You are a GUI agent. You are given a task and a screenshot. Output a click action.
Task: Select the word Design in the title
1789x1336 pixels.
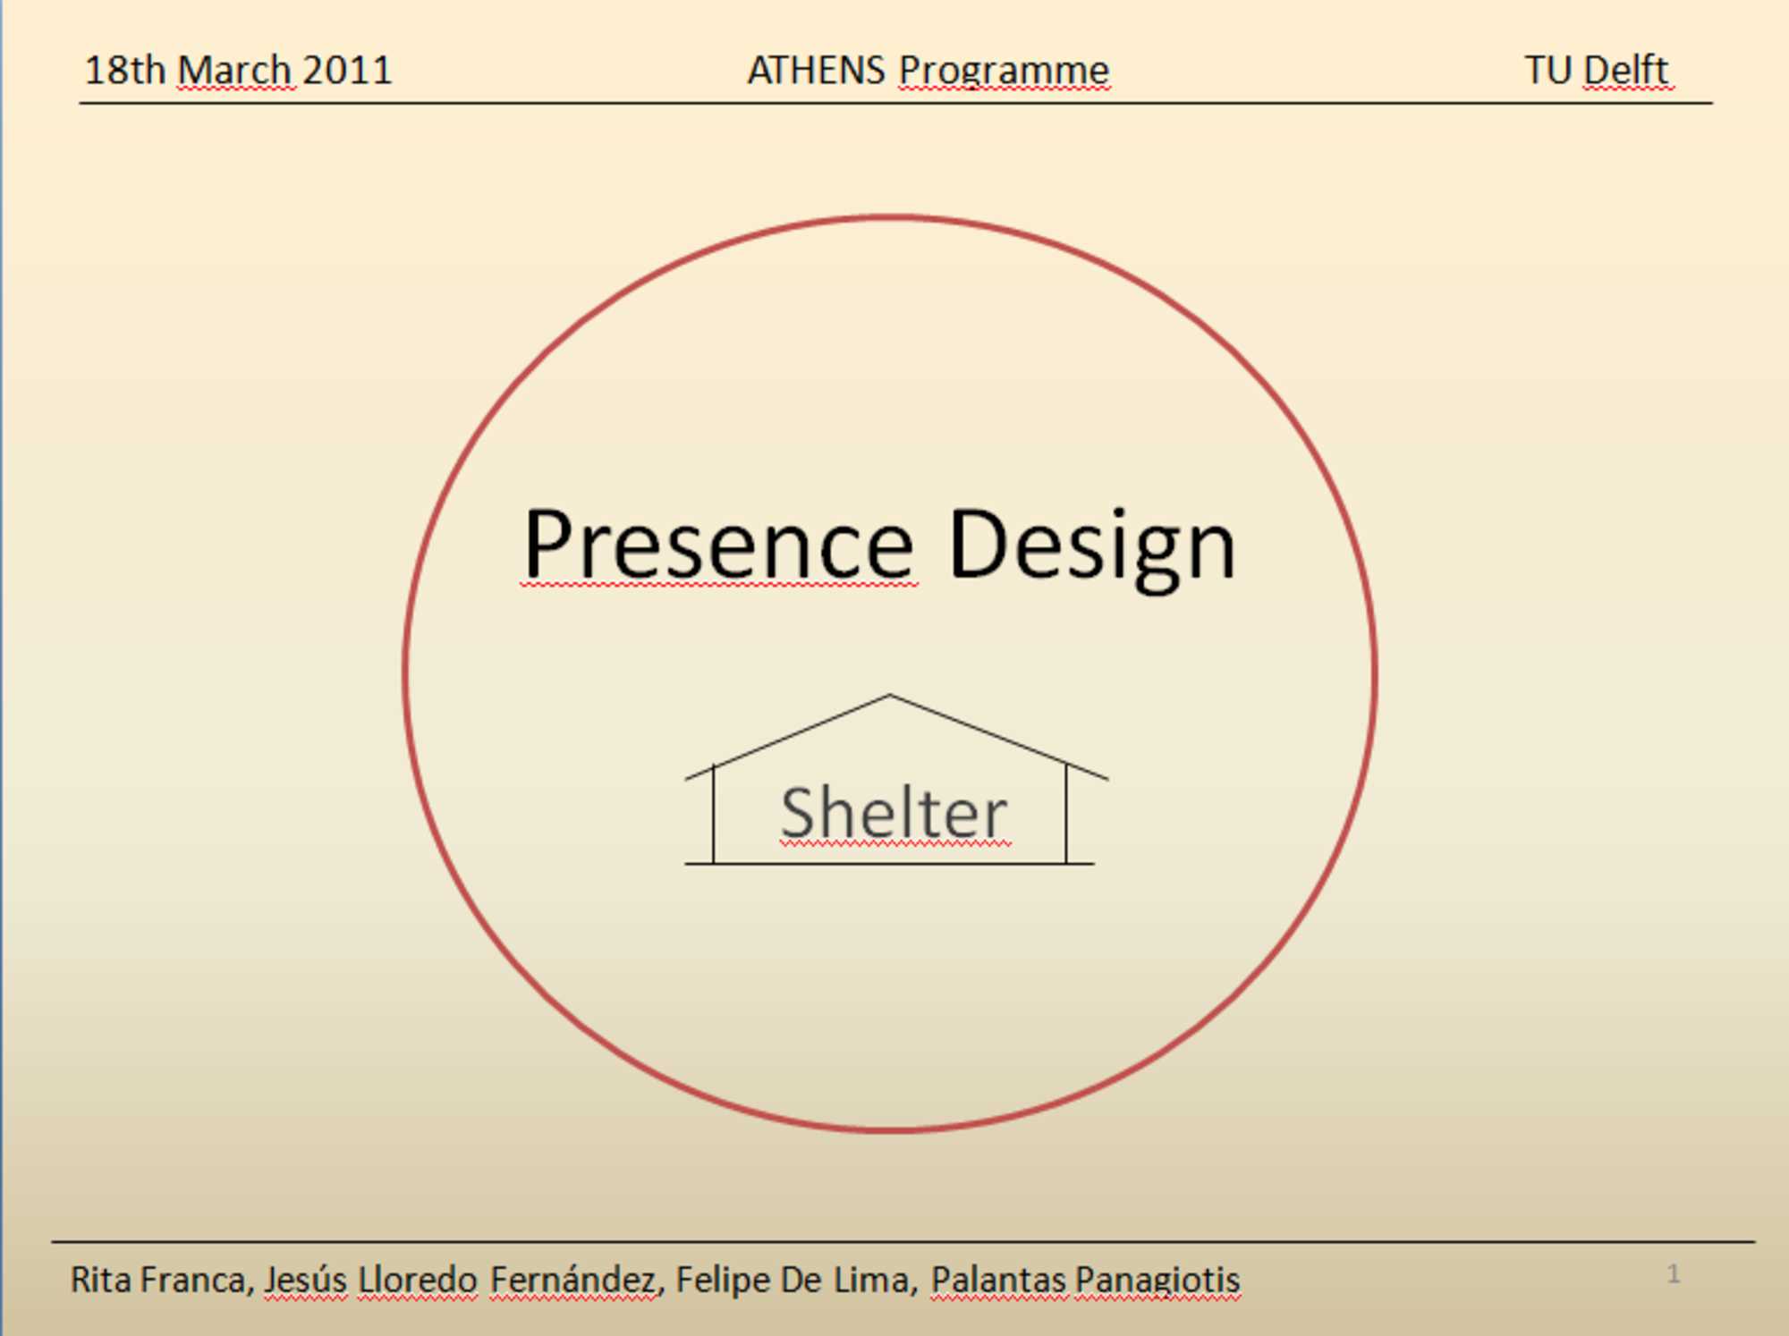click(1091, 547)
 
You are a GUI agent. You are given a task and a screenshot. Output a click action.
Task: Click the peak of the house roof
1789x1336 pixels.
click(889, 695)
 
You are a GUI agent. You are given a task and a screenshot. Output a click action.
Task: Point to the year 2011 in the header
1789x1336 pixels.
click(347, 70)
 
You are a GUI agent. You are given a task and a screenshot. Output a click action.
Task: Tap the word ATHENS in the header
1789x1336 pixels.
click(816, 70)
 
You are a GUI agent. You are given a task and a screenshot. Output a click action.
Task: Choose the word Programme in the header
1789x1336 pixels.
click(1004, 72)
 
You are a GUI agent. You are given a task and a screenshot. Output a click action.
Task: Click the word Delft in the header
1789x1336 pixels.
click(1625, 70)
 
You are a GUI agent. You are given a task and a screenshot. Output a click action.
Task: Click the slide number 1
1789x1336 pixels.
click(1674, 1273)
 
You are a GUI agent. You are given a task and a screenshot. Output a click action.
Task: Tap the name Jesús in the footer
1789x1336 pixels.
click(305, 1281)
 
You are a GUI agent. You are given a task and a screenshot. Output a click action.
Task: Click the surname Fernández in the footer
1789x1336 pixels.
click(573, 1280)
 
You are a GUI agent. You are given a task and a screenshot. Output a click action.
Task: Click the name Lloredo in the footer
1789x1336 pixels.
click(418, 1280)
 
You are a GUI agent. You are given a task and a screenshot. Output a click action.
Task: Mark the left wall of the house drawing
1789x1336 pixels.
click(714, 815)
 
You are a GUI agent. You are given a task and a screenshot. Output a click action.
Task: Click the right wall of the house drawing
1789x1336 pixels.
click(1066, 814)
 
